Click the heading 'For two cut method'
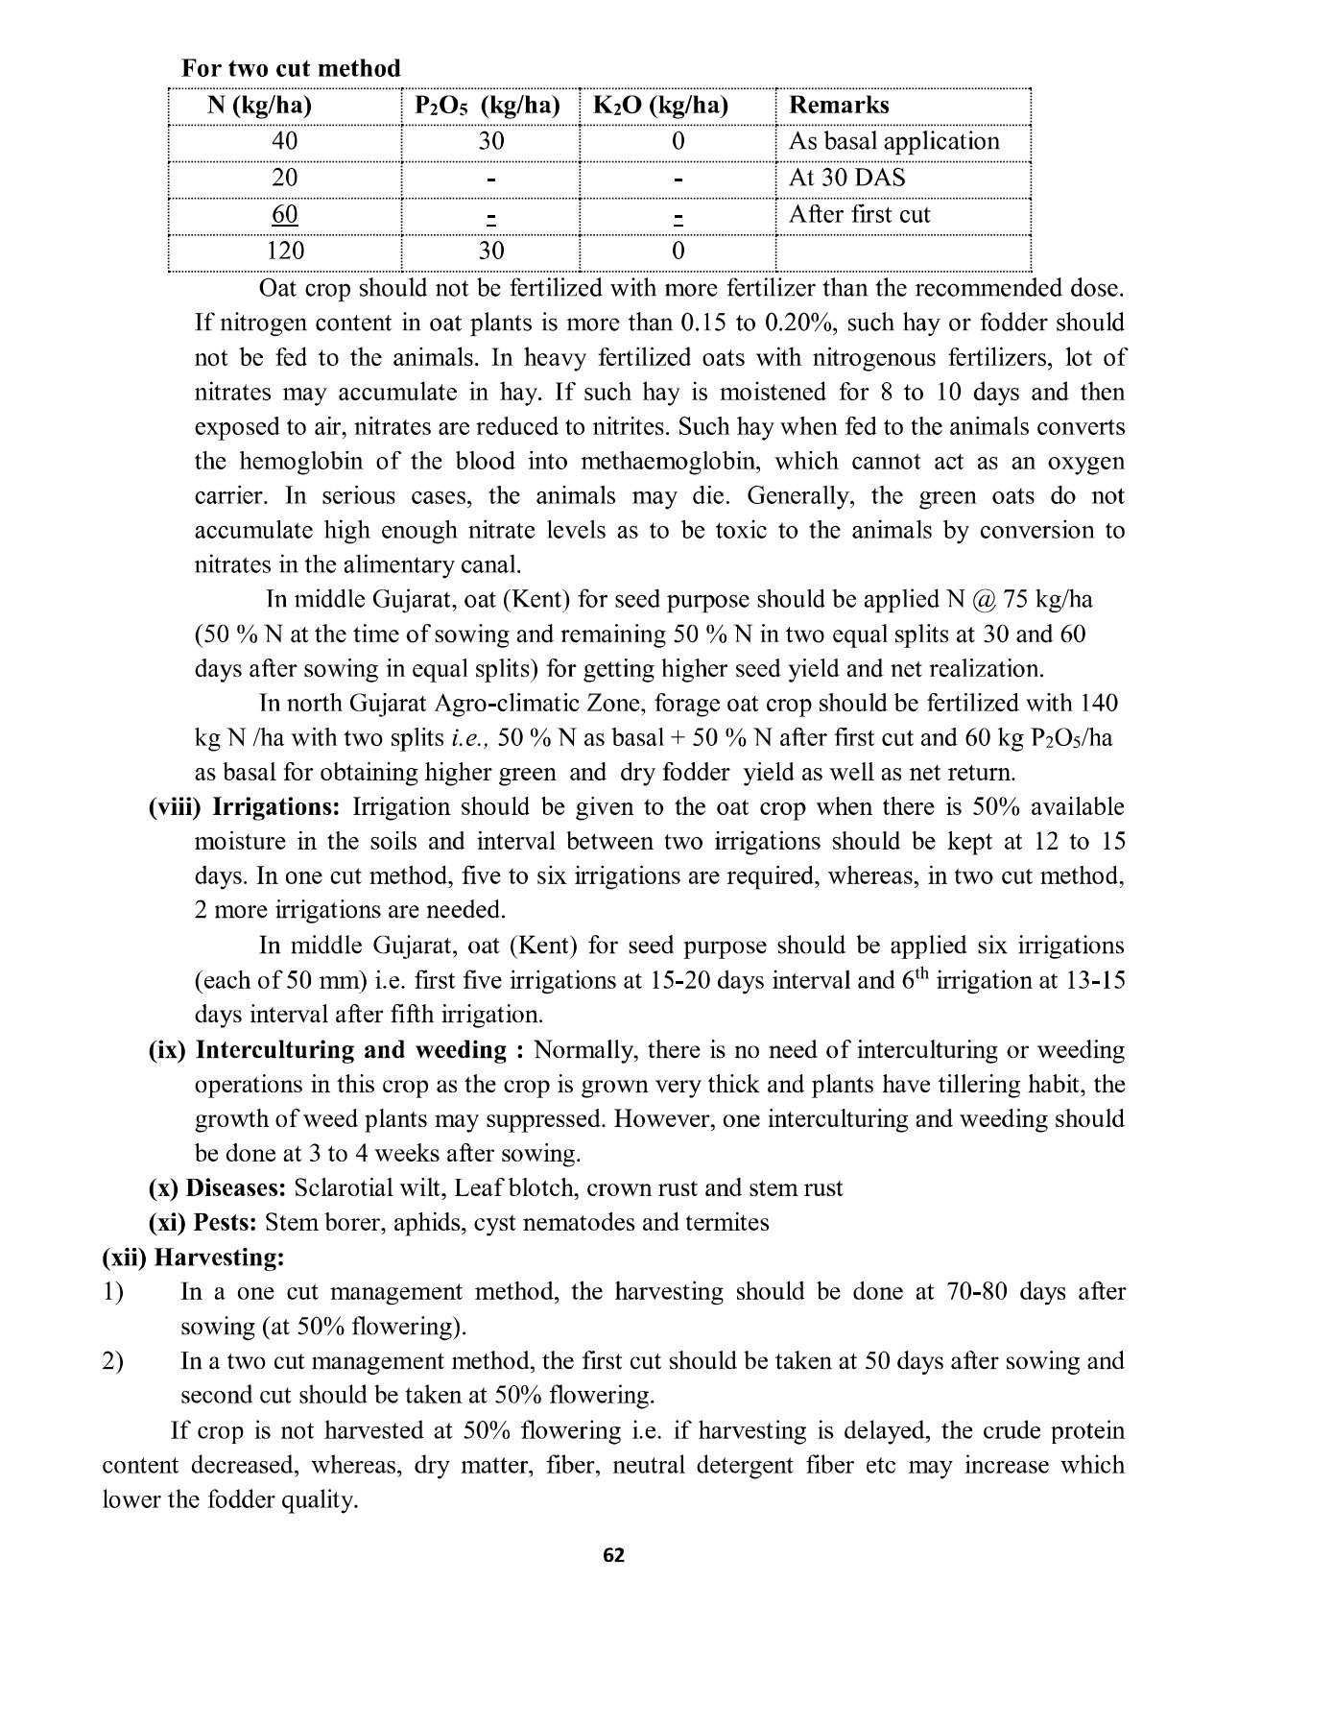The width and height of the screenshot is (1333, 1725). pos(291,69)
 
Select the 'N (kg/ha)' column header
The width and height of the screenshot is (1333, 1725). pos(259,106)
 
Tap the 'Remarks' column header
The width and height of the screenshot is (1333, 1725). pos(839,106)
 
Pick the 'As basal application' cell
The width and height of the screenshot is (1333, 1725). pos(893,142)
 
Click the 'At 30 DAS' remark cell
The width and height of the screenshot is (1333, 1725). pos(846,178)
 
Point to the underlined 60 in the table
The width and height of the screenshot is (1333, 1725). pos(285,214)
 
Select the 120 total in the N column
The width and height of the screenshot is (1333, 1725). pos(285,251)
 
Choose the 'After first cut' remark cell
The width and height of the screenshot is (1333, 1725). pos(859,214)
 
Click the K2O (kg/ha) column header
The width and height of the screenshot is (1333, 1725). pos(660,106)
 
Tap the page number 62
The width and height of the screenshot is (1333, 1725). pos(613,1556)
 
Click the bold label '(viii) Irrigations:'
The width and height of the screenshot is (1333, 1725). pos(244,807)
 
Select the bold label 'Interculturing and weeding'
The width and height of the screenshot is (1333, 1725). pos(350,1050)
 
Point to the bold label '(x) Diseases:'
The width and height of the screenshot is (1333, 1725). pos(217,1188)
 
